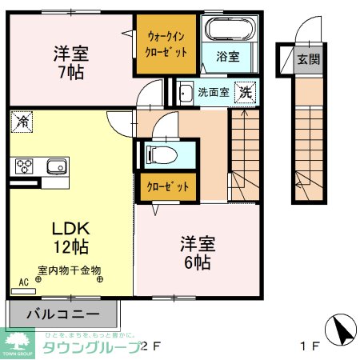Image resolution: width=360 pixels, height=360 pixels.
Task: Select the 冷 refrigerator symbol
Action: (22, 123)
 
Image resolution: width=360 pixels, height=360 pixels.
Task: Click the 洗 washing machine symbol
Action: (246, 92)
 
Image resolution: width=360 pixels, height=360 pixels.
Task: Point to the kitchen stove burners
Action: (23, 166)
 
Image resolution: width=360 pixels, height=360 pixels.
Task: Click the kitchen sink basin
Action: (55, 166)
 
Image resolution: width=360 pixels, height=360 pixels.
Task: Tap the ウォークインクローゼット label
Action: (168, 44)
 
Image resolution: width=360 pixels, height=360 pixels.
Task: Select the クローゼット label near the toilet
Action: (167, 187)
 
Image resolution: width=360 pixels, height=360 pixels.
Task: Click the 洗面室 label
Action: (214, 92)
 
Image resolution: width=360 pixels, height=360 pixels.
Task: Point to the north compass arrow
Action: (341, 328)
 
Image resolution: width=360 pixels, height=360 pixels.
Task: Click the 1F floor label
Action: (310, 346)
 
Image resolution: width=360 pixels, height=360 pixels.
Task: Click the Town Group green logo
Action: (18, 343)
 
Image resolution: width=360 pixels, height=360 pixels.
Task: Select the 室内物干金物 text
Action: (69, 270)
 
